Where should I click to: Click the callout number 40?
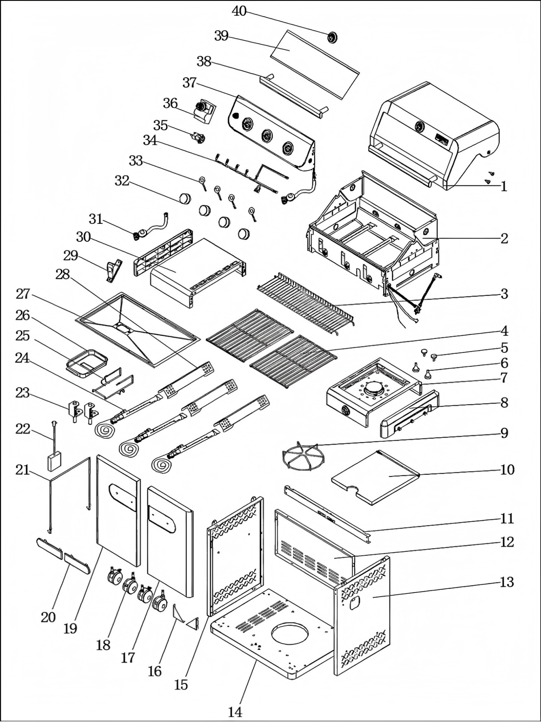pos(239,11)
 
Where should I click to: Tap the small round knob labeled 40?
pos(333,37)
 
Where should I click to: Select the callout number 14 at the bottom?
pos(235,712)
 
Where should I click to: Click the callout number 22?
pos(23,429)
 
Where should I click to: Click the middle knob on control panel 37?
pos(267,135)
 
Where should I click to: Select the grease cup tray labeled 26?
pos(87,361)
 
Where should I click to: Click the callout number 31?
pos(96,219)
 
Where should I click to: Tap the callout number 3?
pos(504,294)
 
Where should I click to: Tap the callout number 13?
pos(507,582)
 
